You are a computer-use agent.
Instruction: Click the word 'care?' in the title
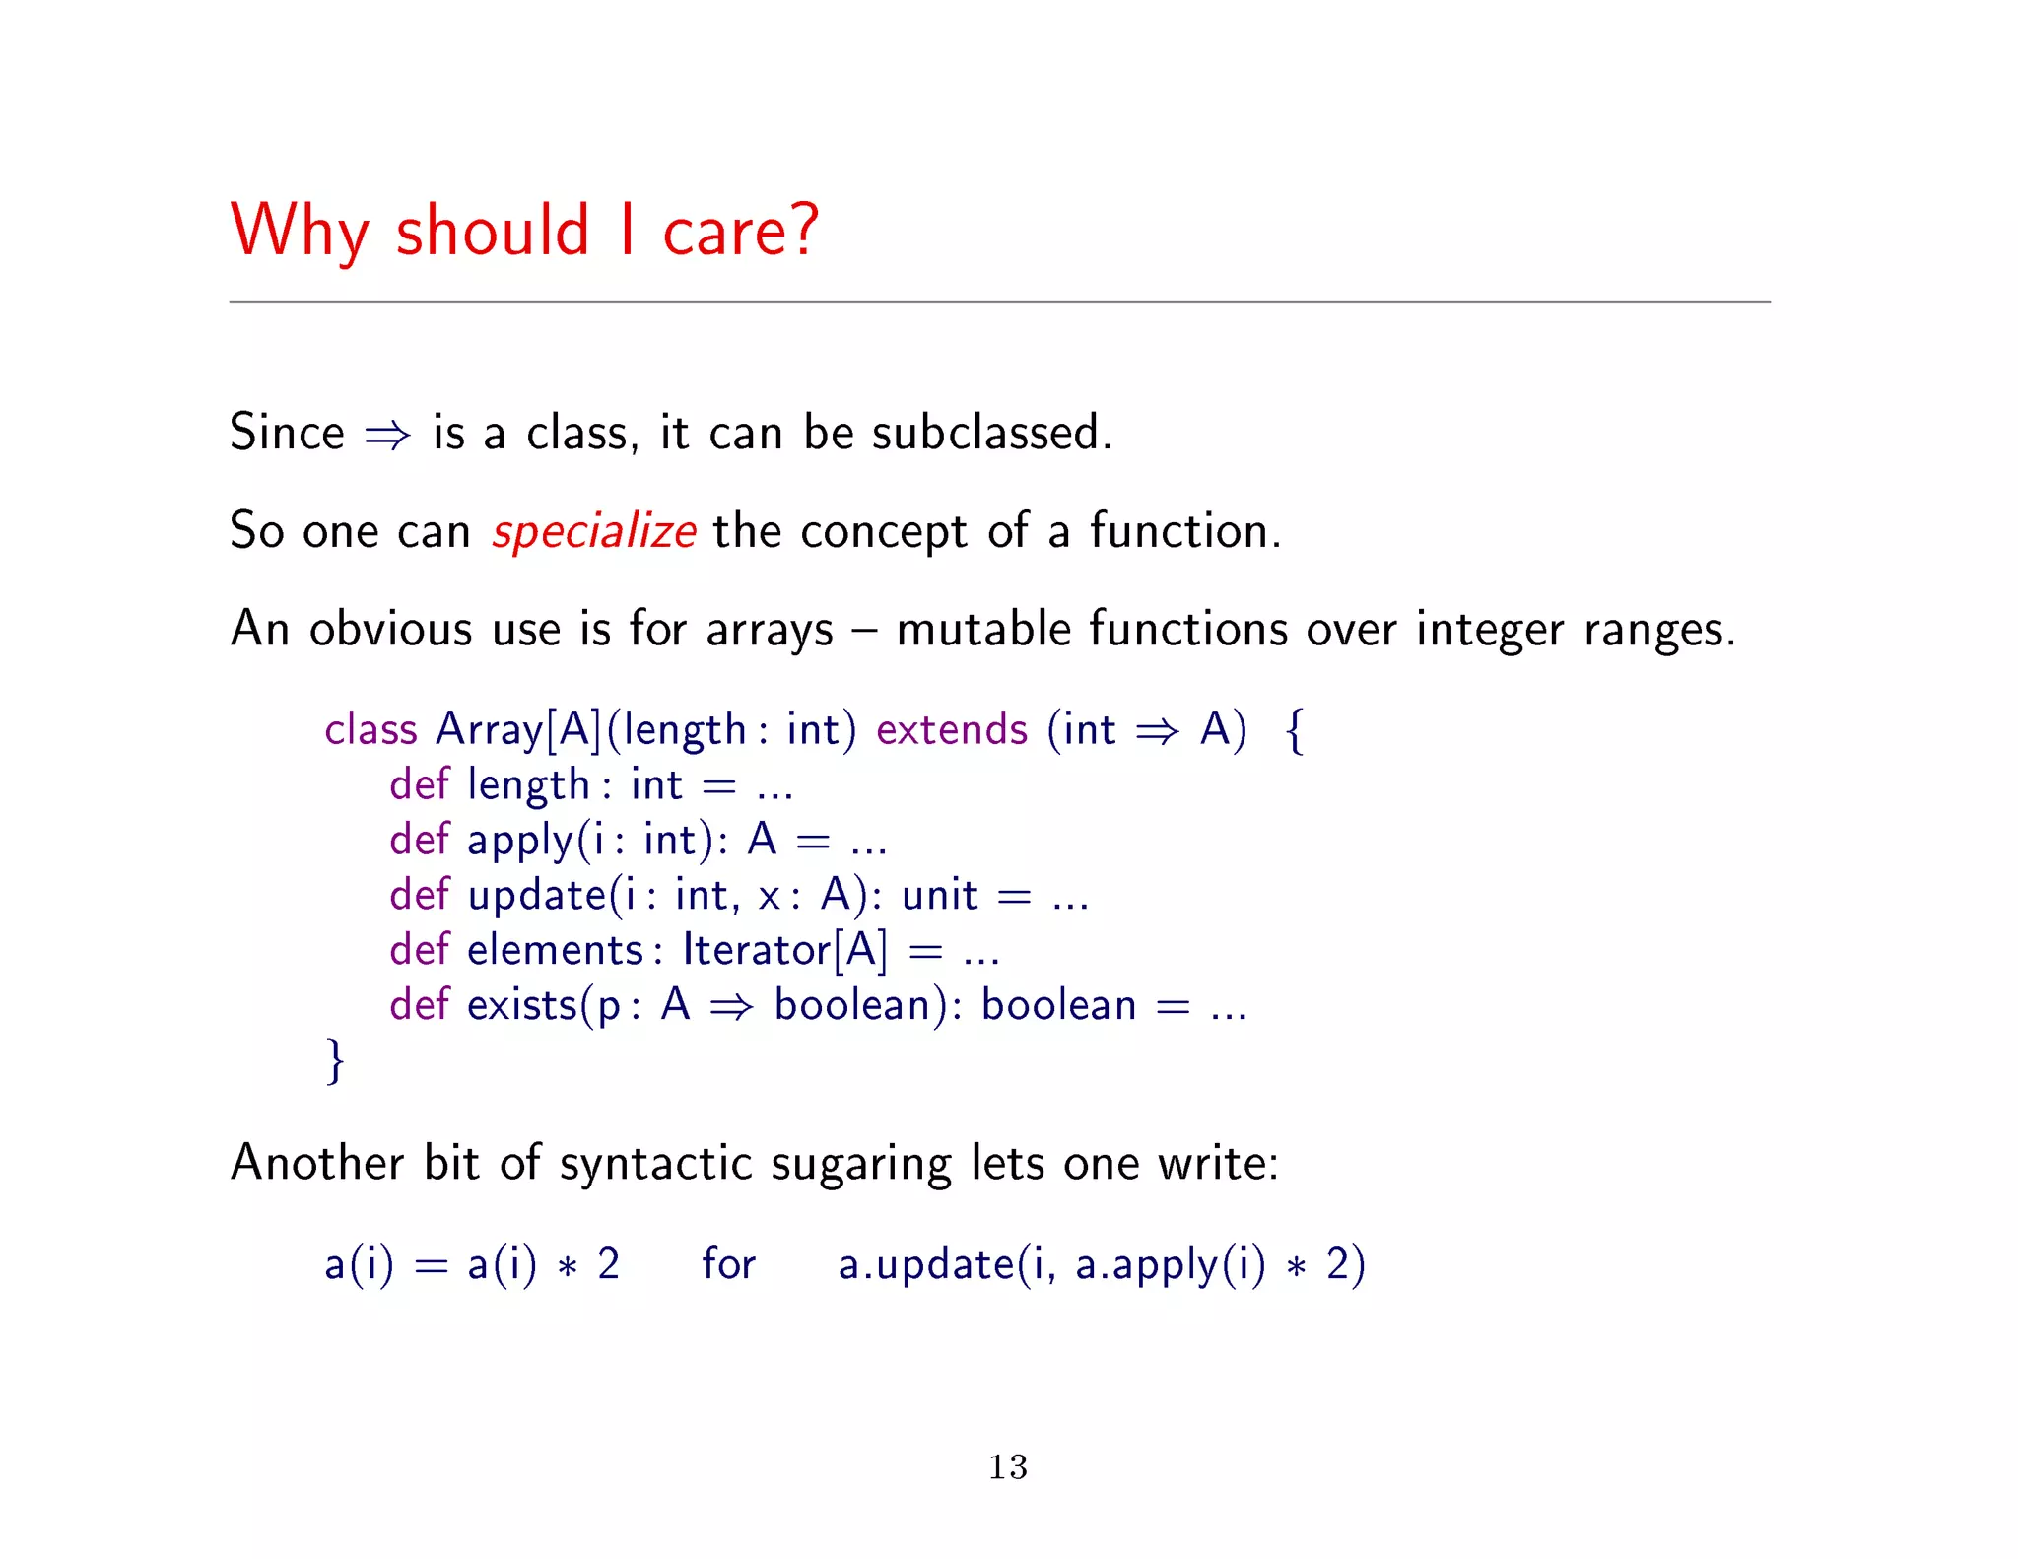point(740,232)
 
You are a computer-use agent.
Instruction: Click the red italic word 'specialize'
point(594,532)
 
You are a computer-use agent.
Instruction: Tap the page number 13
point(1008,1466)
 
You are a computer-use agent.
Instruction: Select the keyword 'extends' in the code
point(951,730)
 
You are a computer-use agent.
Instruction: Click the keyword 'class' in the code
point(370,730)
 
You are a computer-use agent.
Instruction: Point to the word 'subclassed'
point(991,433)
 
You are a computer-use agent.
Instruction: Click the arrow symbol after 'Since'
point(387,435)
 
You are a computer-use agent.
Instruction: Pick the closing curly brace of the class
point(335,1060)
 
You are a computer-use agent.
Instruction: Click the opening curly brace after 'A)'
point(1295,731)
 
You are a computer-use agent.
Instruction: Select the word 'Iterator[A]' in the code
point(784,950)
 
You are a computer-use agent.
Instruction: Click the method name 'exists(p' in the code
point(543,1005)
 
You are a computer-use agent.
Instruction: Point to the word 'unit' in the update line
point(940,895)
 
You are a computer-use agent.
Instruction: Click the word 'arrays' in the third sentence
point(770,630)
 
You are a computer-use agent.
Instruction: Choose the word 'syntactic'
point(655,1164)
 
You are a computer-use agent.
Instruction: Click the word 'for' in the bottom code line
point(728,1264)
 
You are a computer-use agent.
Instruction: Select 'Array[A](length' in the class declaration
point(590,730)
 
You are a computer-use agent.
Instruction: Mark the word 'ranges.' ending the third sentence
point(1658,630)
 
